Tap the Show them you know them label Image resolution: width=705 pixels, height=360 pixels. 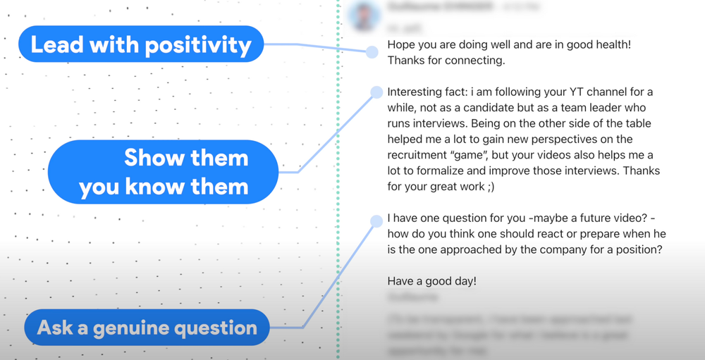coord(164,173)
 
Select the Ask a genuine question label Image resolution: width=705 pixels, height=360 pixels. coord(147,328)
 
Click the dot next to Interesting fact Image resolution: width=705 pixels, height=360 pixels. coord(376,92)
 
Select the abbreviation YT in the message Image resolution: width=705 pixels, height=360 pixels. coord(566,92)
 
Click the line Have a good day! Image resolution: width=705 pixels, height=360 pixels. coord(431,280)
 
